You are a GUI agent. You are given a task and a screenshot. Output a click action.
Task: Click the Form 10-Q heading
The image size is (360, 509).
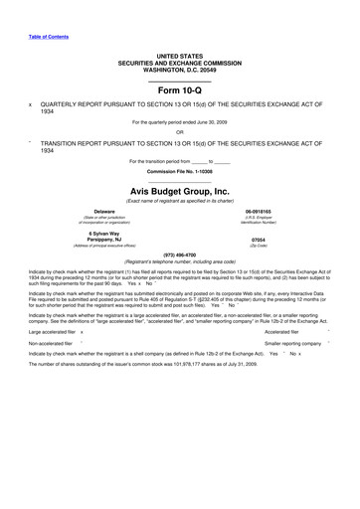point(179,89)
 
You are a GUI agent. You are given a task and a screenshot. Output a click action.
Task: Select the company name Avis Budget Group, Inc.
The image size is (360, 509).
point(179,190)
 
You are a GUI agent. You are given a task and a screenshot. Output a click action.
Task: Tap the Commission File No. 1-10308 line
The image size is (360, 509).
point(179,170)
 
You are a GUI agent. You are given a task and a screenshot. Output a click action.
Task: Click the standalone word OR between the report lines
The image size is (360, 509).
point(179,131)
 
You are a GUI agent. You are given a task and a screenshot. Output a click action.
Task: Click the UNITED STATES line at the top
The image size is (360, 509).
point(179,56)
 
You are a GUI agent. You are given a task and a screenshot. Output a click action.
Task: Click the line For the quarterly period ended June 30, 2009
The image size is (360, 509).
point(179,121)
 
